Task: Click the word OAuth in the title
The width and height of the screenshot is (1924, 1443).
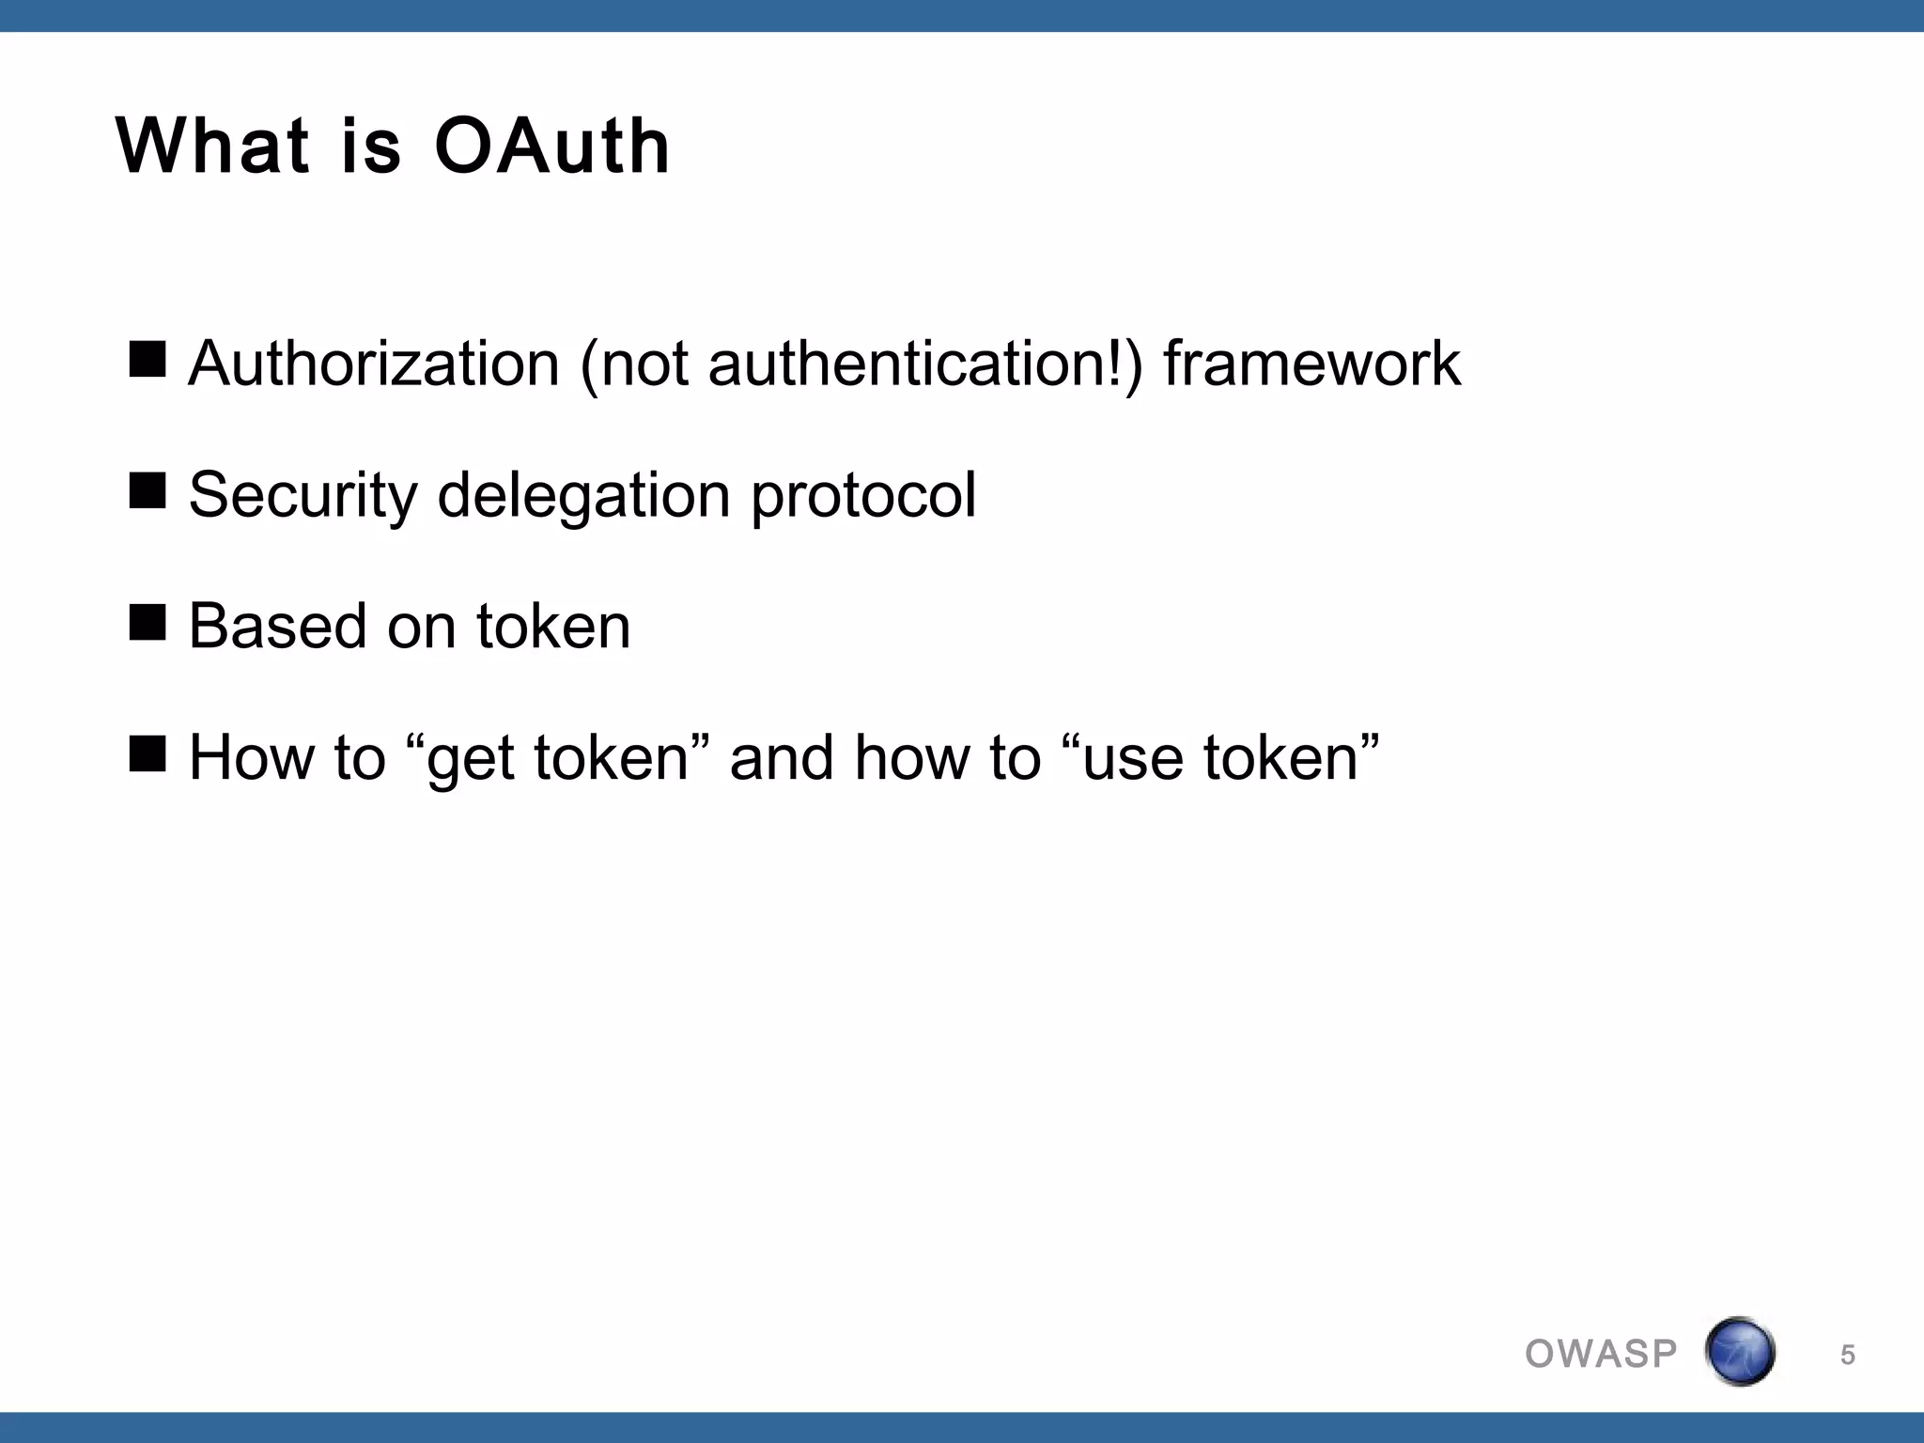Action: tap(552, 147)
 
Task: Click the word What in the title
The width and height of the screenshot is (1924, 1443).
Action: tap(212, 147)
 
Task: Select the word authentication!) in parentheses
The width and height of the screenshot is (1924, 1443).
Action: tap(924, 364)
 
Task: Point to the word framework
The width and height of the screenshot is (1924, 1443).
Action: tap(1311, 364)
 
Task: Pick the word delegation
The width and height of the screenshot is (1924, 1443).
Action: tap(583, 495)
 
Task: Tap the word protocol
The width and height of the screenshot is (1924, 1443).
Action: tap(863, 495)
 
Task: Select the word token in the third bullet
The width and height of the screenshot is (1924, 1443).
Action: tap(553, 627)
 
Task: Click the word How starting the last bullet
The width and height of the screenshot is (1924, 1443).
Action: tap(251, 758)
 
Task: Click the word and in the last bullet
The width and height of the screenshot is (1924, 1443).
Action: tap(782, 758)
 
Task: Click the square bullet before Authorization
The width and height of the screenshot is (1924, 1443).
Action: tap(147, 359)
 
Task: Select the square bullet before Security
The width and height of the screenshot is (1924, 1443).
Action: tap(147, 490)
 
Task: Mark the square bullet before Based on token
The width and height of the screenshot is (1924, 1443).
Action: tap(147, 622)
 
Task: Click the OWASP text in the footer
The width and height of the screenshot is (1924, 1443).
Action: tap(1601, 1354)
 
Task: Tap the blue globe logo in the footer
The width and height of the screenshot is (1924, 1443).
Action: tap(1740, 1352)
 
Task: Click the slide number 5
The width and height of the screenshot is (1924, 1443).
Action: tap(1847, 1355)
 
